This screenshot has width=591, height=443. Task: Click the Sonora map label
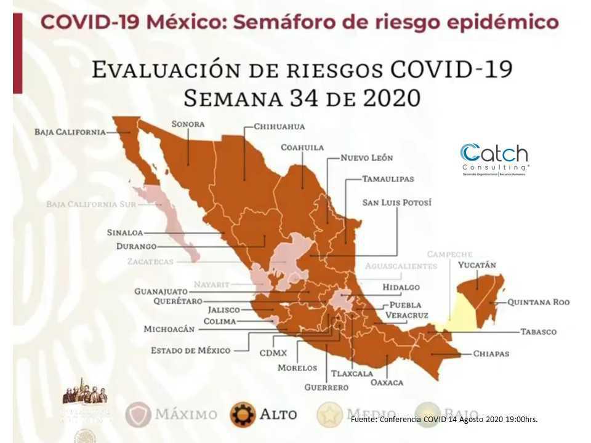188,124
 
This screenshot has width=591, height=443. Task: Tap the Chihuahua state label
280,127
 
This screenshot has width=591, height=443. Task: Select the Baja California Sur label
90,204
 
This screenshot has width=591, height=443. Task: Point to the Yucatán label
477,265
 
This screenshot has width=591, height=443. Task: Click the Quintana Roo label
538,302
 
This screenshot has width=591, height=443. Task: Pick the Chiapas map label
491,354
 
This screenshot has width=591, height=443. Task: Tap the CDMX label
273,354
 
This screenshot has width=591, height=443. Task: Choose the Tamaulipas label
388,179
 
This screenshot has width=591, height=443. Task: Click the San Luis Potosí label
396,202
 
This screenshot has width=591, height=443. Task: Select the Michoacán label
169,329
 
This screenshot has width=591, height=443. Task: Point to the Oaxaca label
387,382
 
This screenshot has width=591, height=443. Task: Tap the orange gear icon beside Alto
243,414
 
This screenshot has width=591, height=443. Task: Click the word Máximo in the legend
186,414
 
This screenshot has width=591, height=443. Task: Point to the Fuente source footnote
444,419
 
